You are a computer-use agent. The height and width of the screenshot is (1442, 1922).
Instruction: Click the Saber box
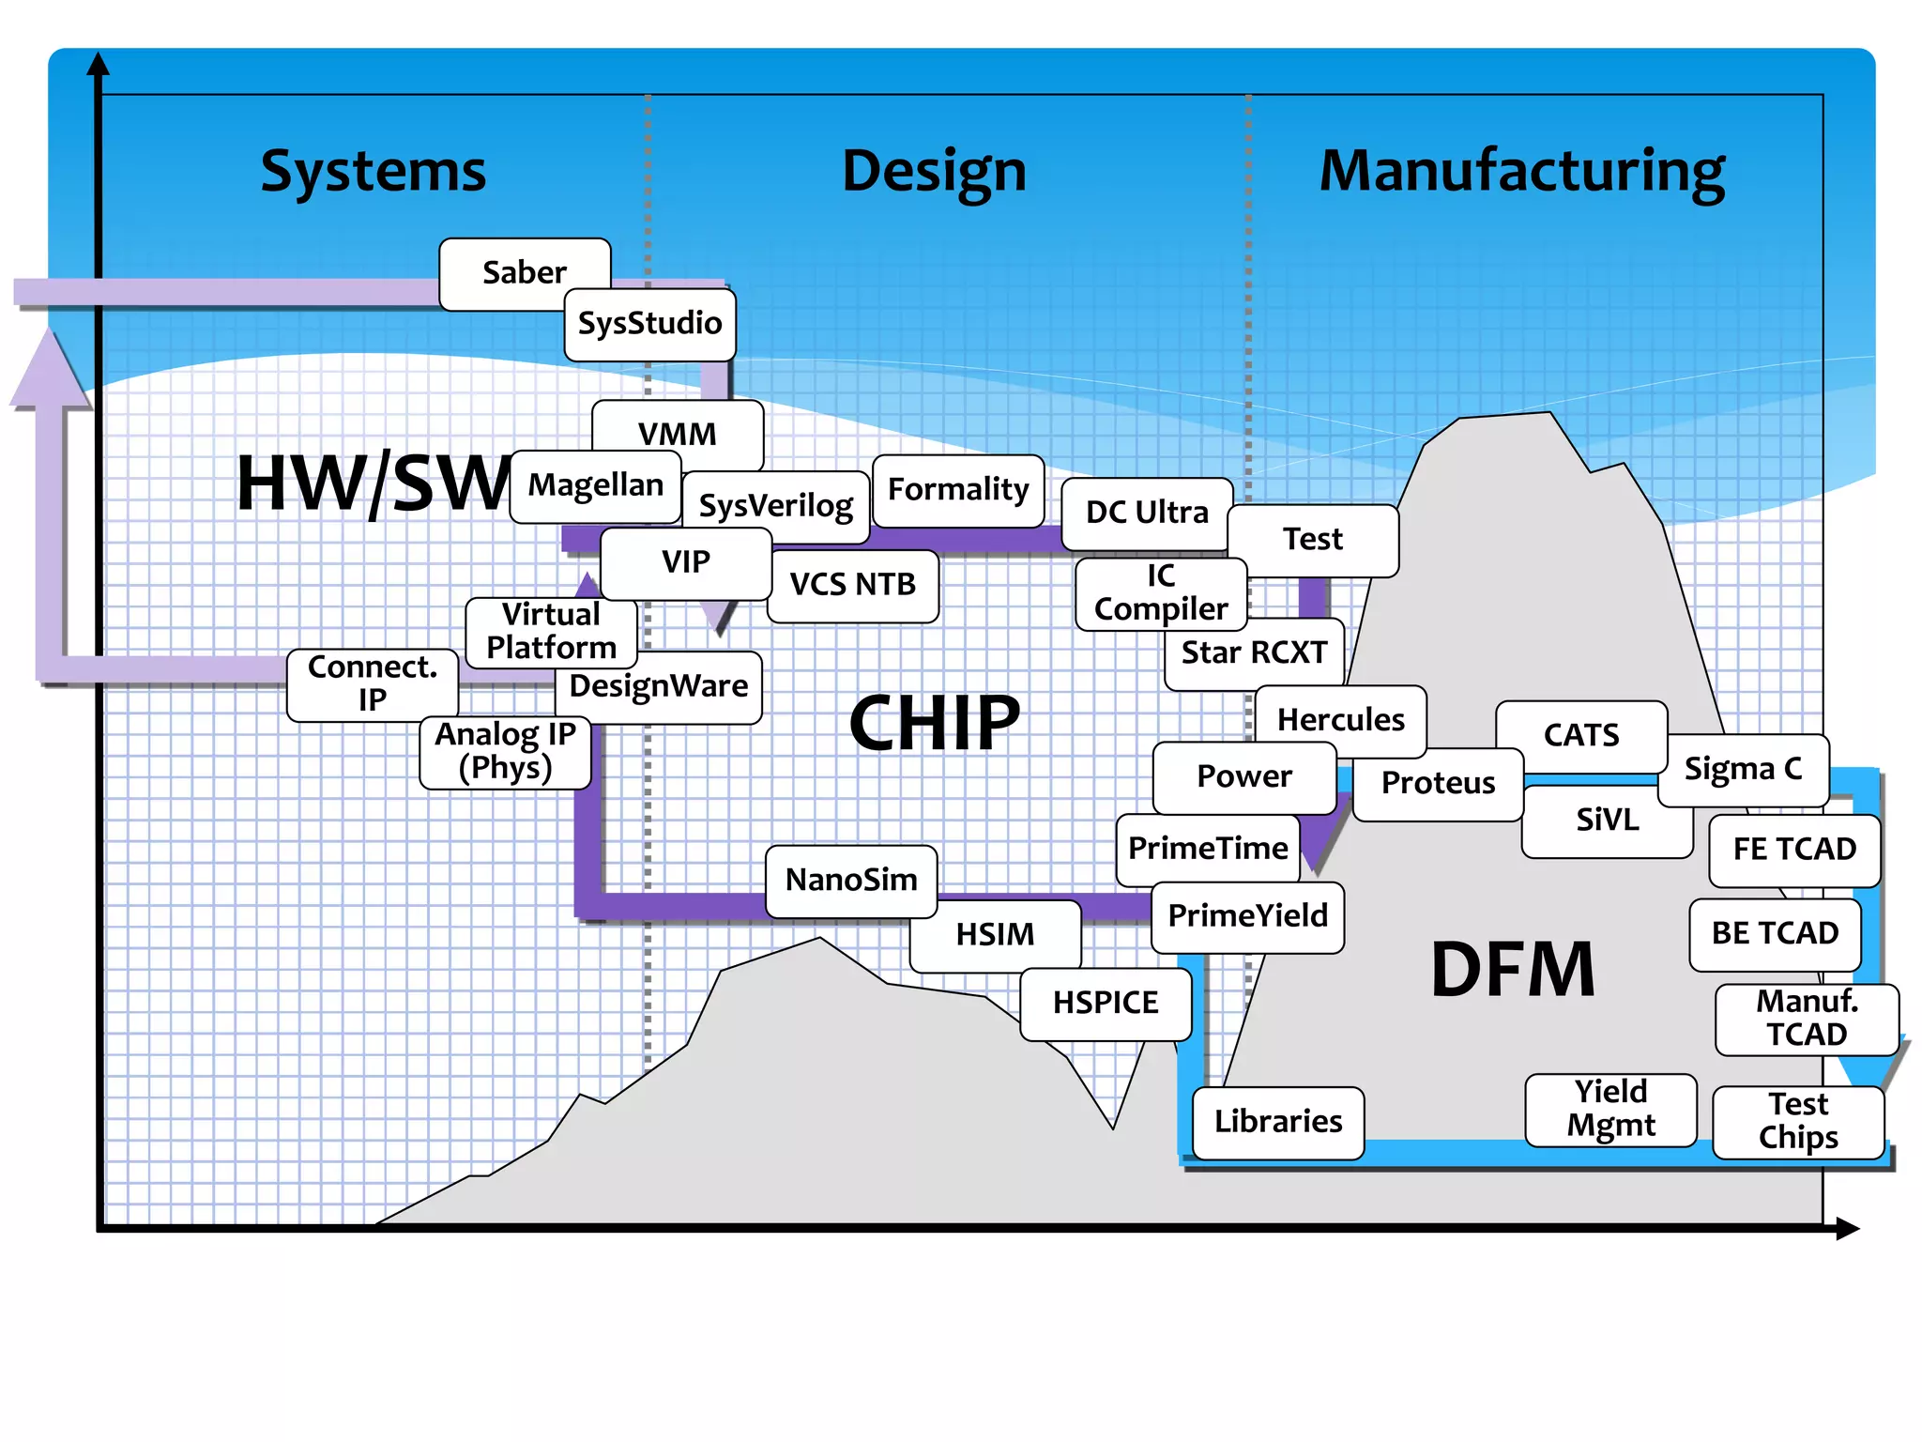[x=524, y=272]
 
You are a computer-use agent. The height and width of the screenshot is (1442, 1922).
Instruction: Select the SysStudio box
[x=649, y=324]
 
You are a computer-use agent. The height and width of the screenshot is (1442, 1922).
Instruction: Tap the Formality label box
[x=957, y=490]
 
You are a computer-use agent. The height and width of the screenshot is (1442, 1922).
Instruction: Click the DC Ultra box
[x=1146, y=513]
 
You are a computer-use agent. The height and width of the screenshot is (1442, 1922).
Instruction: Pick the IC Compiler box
[x=1160, y=593]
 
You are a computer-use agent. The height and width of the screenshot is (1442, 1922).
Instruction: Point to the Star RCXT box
[x=1254, y=653]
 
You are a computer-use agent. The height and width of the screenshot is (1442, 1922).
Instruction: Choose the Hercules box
[x=1340, y=720]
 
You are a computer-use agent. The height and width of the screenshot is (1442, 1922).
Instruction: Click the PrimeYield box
[x=1247, y=916]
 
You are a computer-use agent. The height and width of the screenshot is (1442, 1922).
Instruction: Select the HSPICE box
[x=1105, y=1004]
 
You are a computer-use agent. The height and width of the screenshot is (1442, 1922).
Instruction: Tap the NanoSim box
[x=850, y=881]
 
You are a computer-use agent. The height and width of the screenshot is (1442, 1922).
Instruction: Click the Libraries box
[x=1277, y=1122]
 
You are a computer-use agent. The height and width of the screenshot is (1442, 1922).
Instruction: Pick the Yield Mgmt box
[x=1610, y=1110]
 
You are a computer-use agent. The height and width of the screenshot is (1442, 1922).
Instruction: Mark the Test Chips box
[x=1797, y=1122]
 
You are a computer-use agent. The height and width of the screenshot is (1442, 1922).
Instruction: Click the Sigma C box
[x=1743, y=770]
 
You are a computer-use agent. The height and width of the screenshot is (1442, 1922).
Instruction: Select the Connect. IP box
[x=372, y=684]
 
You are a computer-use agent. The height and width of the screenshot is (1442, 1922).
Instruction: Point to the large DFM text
[x=1512, y=970]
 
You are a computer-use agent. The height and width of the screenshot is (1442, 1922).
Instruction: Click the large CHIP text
[x=934, y=723]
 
